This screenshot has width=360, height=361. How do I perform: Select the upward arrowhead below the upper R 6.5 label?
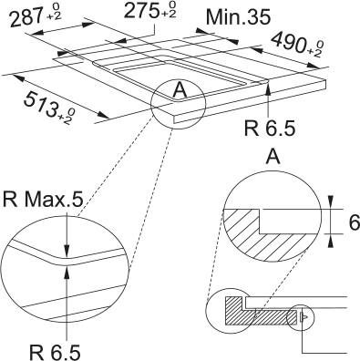[266, 88]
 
